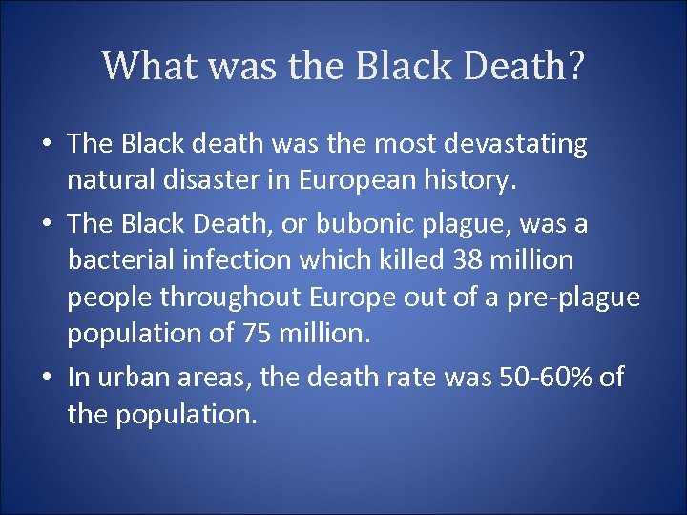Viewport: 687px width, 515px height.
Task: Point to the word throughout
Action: (231, 298)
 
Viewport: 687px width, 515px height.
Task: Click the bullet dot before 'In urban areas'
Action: (48, 378)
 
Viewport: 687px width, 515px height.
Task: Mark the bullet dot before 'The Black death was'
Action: (48, 144)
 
